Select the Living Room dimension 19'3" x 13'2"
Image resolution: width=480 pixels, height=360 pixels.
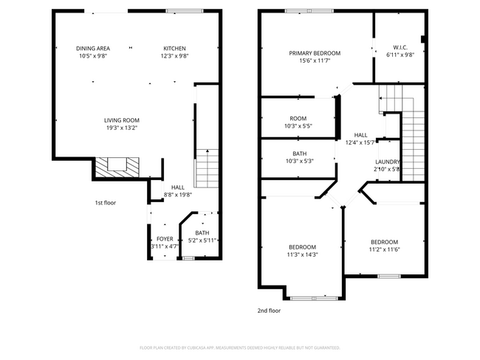(x=121, y=128)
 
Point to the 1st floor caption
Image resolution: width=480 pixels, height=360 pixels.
(x=105, y=202)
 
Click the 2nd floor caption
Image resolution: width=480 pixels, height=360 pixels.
(x=269, y=311)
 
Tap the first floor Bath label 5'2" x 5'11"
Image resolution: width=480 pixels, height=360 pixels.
(x=202, y=237)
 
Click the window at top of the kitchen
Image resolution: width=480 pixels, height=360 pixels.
(x=180, y=11)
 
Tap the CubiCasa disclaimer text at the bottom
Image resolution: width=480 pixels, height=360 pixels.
(x=239, y=347)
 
